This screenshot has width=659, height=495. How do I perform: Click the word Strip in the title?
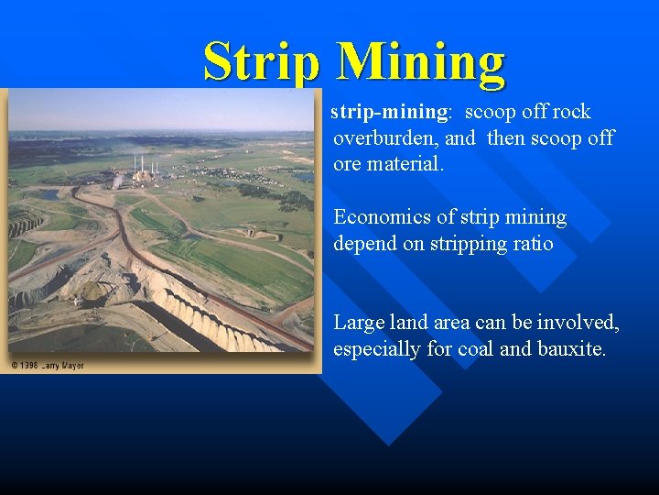[x=262, y=62]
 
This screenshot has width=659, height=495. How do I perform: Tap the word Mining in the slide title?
[x=420, y=62]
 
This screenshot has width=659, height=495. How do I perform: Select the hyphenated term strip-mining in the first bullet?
[x=389, y=113]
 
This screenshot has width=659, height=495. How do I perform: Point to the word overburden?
[x=385, y=138]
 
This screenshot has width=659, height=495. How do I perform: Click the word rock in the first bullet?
[x=571, y=113]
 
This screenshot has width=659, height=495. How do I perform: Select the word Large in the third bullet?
[x=360, y=323]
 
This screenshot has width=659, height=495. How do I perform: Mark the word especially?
[x=378, y=350]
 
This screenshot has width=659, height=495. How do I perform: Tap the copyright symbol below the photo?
[x=15, y=366]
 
